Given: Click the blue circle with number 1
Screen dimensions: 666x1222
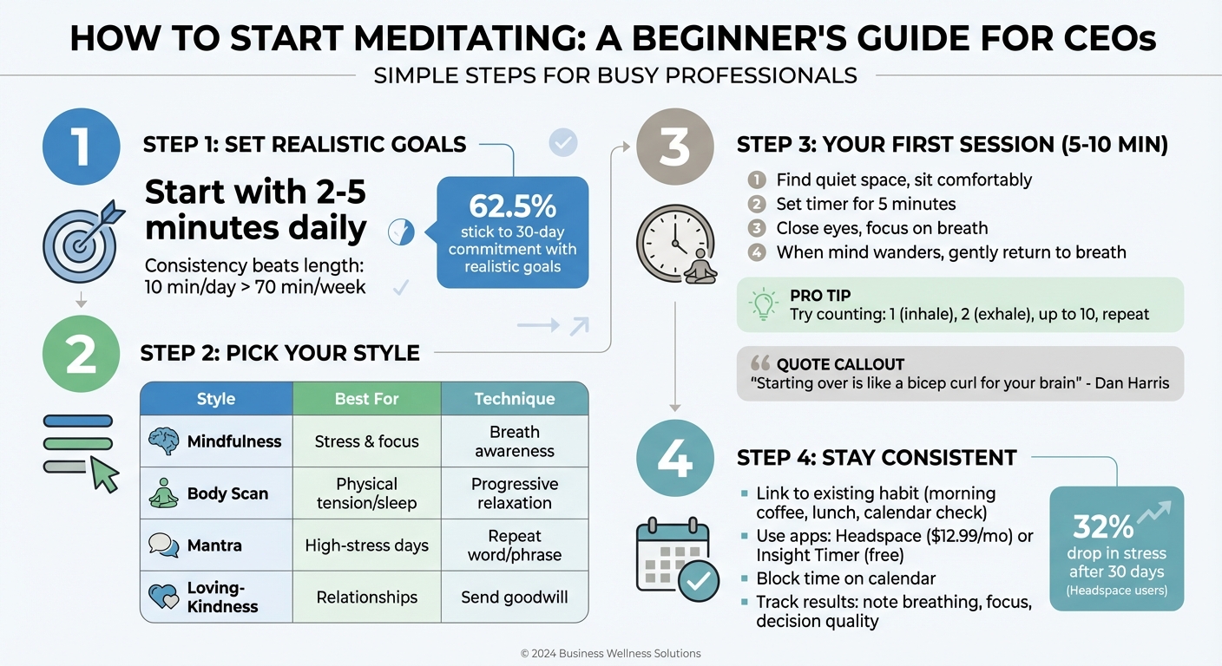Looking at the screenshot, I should point(80,147).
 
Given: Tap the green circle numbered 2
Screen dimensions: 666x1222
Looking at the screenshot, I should point(80,355).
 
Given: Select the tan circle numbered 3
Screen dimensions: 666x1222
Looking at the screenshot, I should point(674,147).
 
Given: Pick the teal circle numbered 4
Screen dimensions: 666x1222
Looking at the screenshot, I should point(674,459).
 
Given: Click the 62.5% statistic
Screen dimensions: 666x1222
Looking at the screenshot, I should point(512,206).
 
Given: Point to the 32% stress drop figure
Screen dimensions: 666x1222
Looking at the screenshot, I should point(1103,526).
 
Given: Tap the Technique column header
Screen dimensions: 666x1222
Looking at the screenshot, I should point(514,399).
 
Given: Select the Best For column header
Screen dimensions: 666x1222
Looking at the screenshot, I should point(366,399).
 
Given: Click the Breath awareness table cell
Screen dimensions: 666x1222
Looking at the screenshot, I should point(514,441).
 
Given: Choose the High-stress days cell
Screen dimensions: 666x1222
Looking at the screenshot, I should point(366,545).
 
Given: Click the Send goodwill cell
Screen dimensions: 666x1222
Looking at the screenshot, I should point(514,597).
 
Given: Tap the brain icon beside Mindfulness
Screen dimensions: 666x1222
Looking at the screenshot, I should point(164,441).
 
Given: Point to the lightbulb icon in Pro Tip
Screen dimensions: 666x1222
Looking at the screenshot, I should point(762,304).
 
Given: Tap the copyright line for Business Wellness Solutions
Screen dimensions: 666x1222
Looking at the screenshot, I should point(610,653).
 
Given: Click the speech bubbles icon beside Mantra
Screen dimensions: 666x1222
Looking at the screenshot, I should point(164,545).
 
